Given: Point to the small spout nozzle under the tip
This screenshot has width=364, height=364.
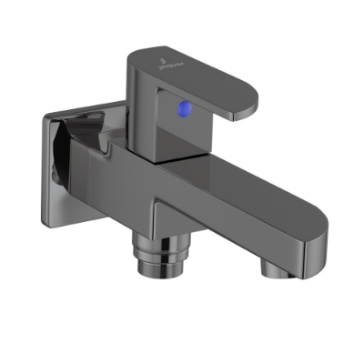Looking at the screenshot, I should (x=272, y=267).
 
